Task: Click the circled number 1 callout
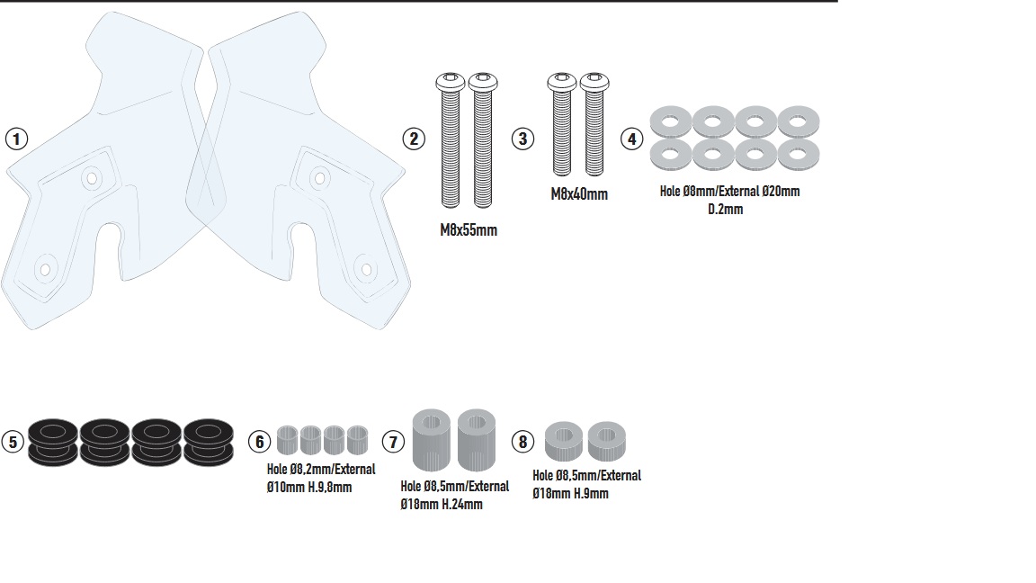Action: coord(16,139)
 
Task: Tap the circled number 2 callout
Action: coord(414,139)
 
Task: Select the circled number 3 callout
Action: coord(523,139)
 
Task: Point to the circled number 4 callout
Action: coord(633,139)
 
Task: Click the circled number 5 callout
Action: coord(12,442)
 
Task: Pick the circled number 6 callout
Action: coord(259,442)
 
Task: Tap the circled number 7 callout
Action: coord(393,442)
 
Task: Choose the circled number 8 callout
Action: coord(523,442)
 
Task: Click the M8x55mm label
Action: coord(468,230)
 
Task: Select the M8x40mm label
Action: coord(579,194)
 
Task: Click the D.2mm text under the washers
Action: coord(726,209)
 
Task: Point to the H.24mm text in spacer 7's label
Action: coord(461,505)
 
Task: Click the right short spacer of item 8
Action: coord(607,441)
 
